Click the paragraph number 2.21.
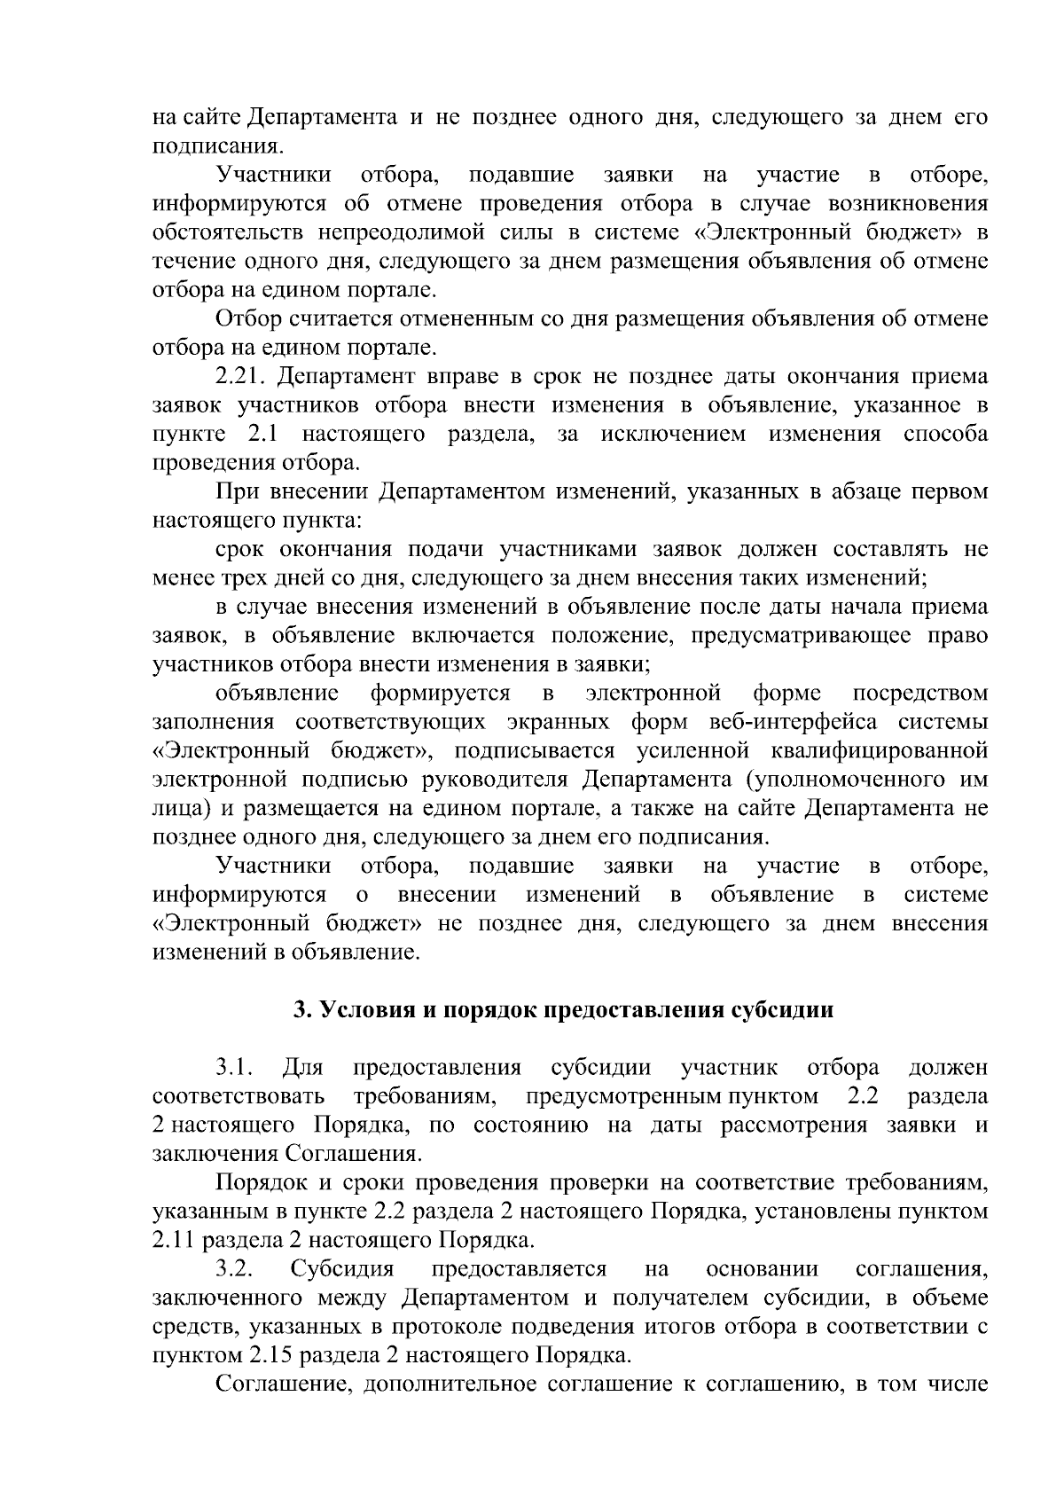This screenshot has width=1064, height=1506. (240, 376)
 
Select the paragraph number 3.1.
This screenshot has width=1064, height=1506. (233, 1067)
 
